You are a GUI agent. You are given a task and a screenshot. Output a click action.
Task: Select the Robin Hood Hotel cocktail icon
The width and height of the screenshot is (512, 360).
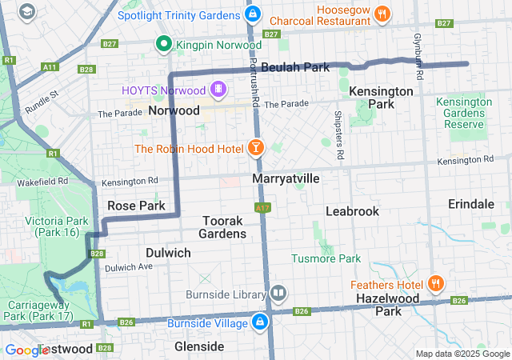coord(255,148)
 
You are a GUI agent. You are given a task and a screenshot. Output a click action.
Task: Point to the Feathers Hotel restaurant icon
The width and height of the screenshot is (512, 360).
coord(436,284)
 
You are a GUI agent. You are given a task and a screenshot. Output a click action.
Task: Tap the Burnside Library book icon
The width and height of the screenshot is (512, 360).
coord(278,293)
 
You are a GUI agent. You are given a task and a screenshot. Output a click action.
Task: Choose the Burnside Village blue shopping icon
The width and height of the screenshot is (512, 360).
coord(259,322)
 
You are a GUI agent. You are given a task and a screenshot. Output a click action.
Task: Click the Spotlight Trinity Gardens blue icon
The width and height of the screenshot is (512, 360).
coord(253,14)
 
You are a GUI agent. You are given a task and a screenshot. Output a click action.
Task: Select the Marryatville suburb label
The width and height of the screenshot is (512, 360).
coord(286,178)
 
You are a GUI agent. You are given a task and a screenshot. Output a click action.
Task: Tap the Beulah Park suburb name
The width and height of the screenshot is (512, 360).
coord(295,68)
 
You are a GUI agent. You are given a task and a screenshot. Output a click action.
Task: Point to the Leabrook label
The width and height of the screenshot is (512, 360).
coord(352,210)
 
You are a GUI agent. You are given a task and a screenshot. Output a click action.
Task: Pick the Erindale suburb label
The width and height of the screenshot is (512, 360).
coord(471,204)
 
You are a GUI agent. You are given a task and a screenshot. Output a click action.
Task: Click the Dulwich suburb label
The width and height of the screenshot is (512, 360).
coord(168,253)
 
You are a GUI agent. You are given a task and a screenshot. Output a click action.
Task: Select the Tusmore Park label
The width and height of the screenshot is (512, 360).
coord(326,258)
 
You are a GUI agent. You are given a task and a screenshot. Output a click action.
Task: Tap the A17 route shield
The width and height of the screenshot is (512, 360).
coord(262,207)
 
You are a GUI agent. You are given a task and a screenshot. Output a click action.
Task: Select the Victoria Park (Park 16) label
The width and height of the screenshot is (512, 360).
coord(52,226)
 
